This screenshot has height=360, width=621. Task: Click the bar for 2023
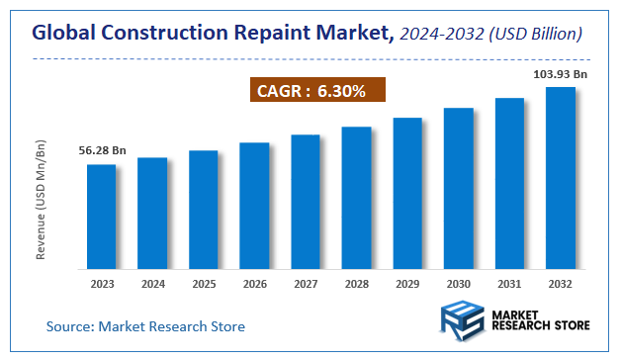101,216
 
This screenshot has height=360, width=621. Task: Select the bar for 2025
203,209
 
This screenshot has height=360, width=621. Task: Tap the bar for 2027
306,201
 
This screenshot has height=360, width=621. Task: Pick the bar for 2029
407,193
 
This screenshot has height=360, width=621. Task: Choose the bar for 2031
509,183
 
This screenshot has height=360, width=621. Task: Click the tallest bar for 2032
561,177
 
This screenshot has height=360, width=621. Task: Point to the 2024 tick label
152,284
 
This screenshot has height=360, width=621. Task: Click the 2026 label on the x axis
254,284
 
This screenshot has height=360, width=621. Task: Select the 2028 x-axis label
356,284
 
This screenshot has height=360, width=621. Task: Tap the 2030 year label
459,284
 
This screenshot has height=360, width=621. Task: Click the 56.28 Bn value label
102,150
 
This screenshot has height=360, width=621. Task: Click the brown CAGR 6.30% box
315,92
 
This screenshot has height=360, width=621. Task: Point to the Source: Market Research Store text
146,325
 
